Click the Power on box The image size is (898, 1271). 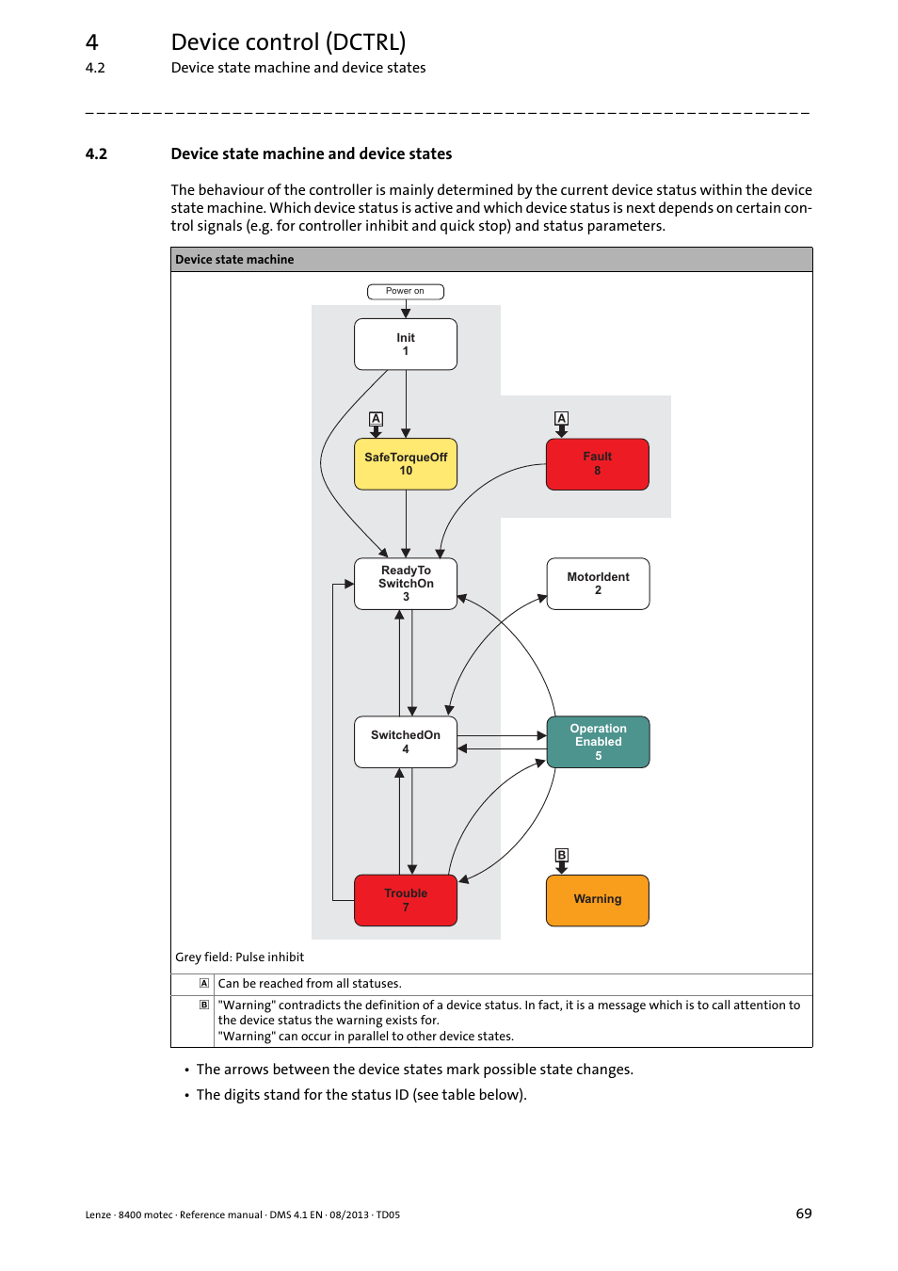click(405, 292)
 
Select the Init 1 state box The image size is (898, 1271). click(406, 345)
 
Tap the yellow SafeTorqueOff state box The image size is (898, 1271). click(406, 464)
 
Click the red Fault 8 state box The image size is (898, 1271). click(597, 464)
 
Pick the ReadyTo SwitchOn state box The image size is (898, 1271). click(406, 584)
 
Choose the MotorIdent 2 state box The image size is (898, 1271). click(598, 584)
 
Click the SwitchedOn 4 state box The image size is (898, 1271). click(406, 742)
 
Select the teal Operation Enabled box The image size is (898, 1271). click(598, 742)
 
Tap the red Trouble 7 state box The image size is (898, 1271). click(406, 900)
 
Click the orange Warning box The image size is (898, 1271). click(598, 900)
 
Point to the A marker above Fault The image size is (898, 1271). click(561, 418)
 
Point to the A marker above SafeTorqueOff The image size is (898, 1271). click(376, 418)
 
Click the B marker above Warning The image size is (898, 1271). click(561, 855)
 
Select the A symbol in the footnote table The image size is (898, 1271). click(204, 983)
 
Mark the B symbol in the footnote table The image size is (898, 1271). click(204, 1006)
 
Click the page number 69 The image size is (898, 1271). click(803, 1214)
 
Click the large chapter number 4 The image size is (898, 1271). click(91, 42)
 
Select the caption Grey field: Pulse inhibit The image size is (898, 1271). click(239, 957)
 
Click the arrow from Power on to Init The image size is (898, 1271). click(406, 310)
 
